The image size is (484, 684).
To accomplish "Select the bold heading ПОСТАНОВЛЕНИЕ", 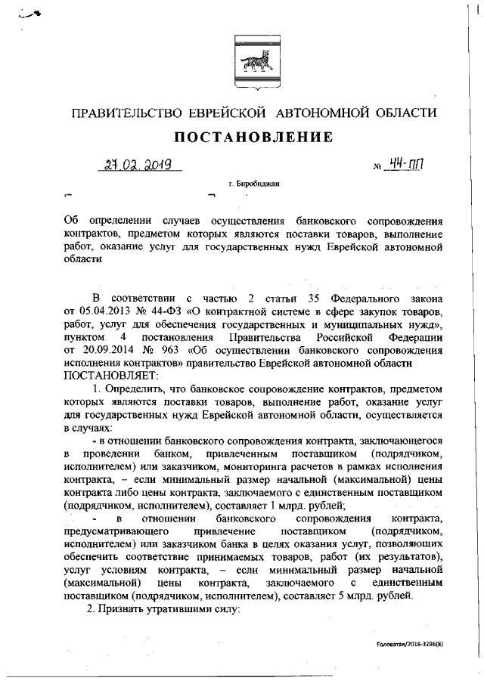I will point(253,137).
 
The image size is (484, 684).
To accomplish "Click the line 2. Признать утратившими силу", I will point(165,609).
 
